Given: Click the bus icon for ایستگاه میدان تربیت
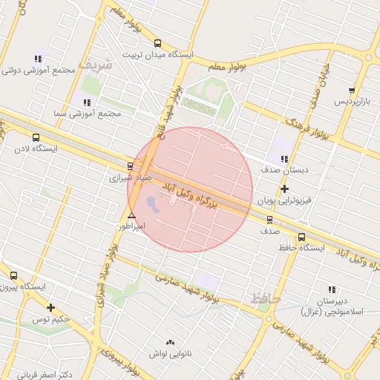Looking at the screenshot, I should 157,44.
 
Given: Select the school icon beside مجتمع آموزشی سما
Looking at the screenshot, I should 87,102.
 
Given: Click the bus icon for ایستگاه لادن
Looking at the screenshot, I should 36,137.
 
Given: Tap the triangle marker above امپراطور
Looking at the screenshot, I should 131,215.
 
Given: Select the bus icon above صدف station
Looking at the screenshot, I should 269,219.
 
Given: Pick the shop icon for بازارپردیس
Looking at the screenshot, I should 352,90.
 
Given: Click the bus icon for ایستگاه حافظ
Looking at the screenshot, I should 301,237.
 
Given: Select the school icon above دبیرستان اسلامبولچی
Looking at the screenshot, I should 331,289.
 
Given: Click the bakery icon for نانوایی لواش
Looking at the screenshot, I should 171,343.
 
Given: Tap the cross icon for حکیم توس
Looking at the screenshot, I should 50,307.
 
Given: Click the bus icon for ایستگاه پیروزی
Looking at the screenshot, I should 13,275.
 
